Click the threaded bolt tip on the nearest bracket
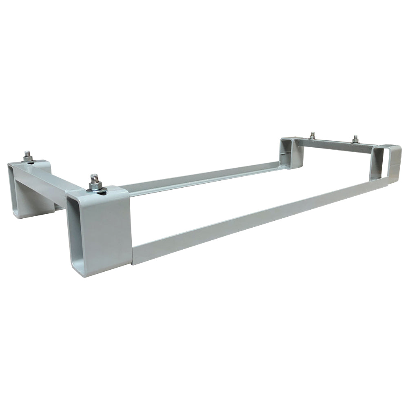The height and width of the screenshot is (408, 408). [x=94, y=177]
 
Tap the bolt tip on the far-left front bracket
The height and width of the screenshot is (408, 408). [x=27, y=153]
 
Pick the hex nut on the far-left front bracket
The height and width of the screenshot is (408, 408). [x=28, y=157]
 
